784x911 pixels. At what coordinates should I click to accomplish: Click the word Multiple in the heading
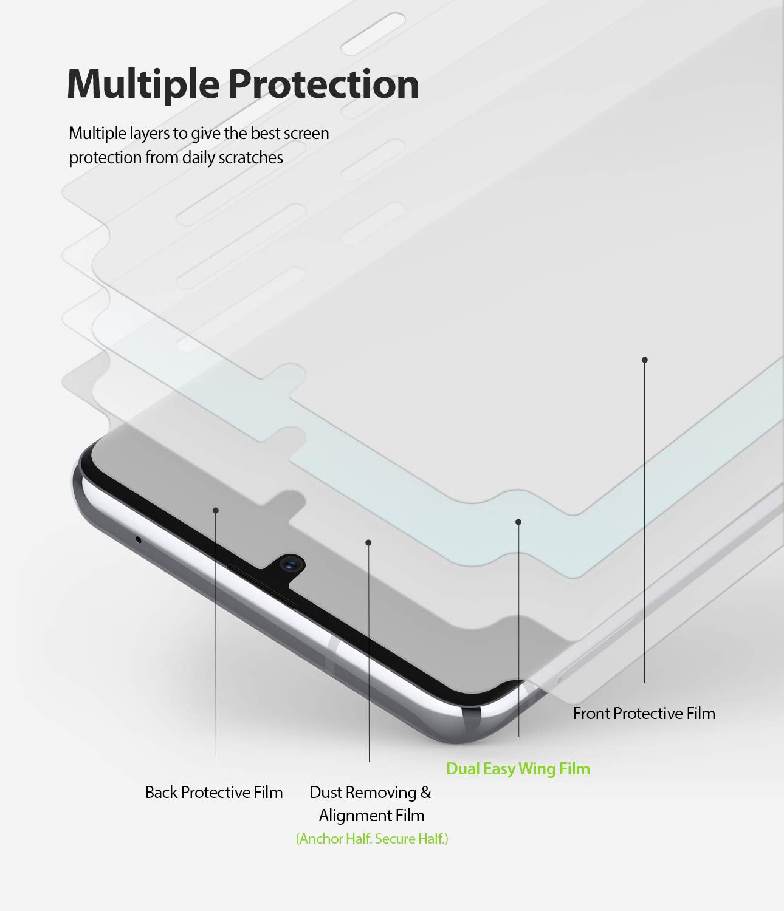(143, 85)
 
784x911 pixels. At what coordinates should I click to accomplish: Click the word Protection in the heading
(324, 84)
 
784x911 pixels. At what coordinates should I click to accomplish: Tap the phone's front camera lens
(290, 565)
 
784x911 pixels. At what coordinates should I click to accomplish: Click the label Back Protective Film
(214, 793)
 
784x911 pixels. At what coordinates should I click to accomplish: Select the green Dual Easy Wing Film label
(518, 769)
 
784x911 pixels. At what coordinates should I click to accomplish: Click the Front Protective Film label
(644, 714)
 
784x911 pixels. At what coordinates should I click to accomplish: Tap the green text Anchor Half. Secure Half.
(372, 838)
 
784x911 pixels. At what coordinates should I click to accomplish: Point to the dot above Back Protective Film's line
(216, 510)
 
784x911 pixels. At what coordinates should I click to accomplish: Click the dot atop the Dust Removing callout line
(369, 542)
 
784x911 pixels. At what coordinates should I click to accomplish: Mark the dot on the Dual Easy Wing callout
(518, 522)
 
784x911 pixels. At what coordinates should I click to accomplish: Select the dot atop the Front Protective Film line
(645, 360)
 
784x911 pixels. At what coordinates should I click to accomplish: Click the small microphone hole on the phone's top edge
(139, 539)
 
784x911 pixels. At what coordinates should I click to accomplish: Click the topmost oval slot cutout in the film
(373, 35)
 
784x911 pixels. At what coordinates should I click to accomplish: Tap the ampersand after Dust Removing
(425, 793)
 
